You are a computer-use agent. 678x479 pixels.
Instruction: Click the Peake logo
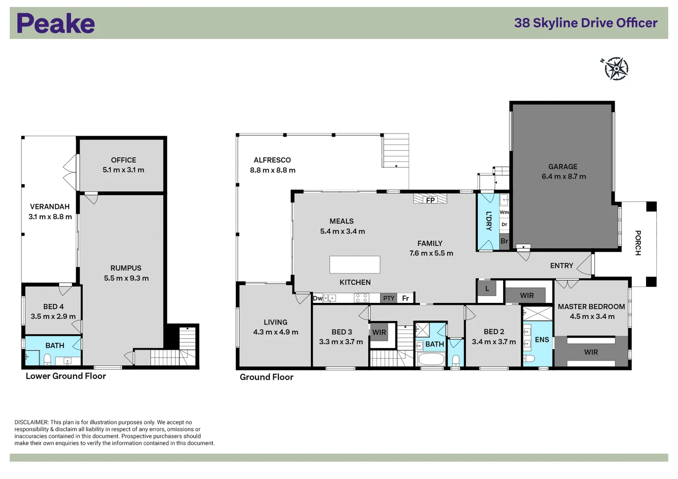pos(56,24)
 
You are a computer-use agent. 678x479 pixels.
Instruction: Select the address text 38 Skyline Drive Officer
pos(585,23)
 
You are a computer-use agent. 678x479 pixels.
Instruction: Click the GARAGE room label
pos(563,167)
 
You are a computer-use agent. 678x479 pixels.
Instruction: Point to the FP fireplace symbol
pos(430,200)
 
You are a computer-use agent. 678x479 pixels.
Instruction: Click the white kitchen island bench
pos(354,265)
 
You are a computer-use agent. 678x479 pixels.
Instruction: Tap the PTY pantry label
pos(389,298)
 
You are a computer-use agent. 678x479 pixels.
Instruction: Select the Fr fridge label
pos(405,298)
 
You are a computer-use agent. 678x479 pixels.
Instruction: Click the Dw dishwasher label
pos(317,298)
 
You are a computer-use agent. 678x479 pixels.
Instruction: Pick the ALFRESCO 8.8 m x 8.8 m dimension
pos(273,170)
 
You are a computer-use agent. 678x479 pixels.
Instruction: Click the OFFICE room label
pos(123,160)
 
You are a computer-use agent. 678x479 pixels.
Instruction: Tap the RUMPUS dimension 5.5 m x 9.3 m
pos(126,279)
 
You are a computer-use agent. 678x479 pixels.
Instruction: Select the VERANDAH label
pos(50,207)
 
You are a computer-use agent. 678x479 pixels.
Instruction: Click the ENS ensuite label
pos(542,340)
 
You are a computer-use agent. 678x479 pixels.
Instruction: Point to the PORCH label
pos(638,243)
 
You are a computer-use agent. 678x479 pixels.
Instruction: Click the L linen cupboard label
pos(487,289)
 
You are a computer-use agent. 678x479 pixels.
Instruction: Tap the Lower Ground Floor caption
pos(66,376)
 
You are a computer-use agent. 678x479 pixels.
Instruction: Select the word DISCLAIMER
pos(31,422)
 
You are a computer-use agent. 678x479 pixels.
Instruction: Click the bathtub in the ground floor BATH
pos(431,359)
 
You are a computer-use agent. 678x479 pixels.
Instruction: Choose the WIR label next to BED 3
pos(379,333)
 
